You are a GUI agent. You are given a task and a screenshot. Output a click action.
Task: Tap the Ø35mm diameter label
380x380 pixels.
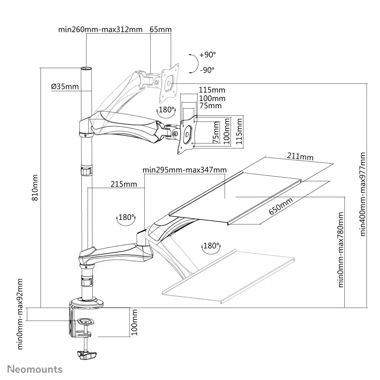point(65,87)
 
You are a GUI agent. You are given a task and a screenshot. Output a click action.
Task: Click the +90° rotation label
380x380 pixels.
point(207,55)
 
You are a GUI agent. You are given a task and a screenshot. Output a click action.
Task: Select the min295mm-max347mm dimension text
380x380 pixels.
point(185,170)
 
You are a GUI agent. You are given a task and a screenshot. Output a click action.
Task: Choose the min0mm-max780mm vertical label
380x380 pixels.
point(342,250)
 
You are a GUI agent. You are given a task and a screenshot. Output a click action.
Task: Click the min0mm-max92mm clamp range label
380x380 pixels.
point(21,314)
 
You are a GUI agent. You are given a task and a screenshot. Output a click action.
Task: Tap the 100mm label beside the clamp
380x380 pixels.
point(134,322)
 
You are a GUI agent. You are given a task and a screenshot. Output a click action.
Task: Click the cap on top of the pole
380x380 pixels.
point(86,69)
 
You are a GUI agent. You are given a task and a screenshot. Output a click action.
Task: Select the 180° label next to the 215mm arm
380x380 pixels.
point(126,218)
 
